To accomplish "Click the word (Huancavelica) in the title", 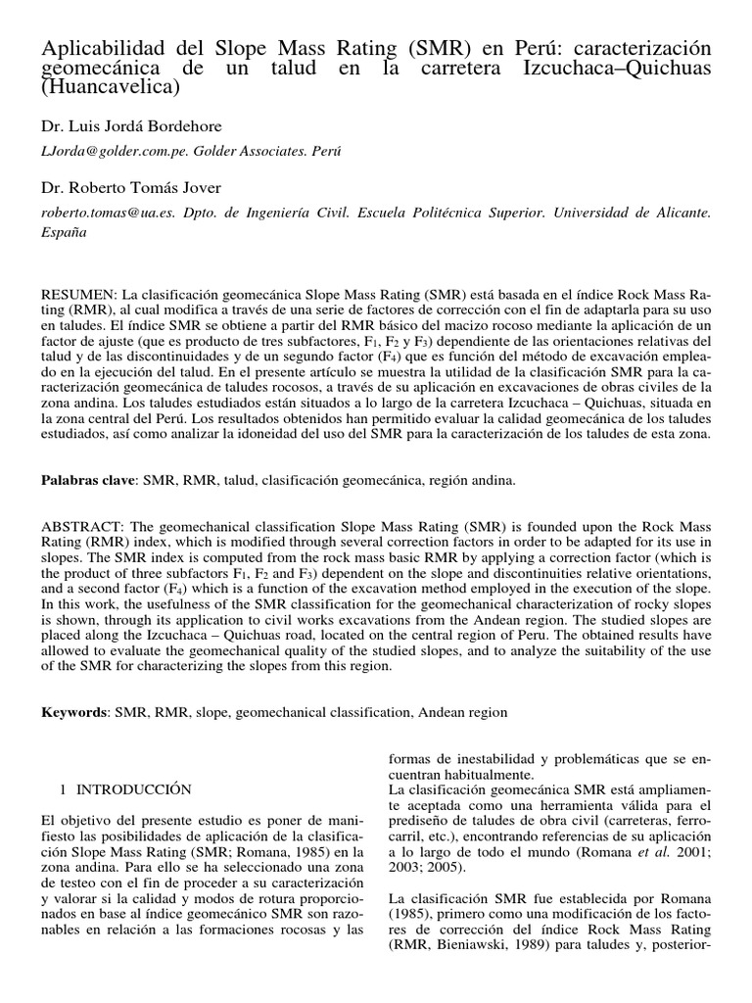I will [x=111, y=87].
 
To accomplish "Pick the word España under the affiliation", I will [x=63, y=233].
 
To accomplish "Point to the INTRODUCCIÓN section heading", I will [x=132, y=788].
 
